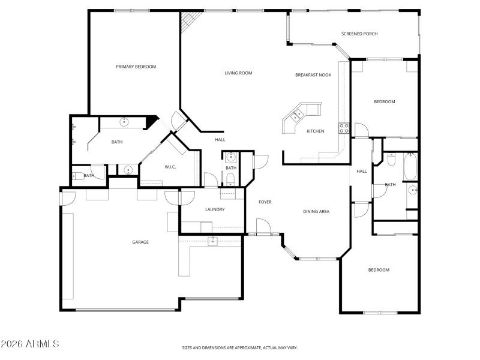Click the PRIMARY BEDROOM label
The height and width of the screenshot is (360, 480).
tap(136, 67)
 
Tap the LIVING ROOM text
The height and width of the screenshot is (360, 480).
tap(238, 73)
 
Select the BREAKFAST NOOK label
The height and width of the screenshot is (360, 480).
tap(313, 75)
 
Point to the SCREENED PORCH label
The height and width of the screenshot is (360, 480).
tap(359, 34)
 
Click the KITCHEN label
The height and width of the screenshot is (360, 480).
tap(316, 131)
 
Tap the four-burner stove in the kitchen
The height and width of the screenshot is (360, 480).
tap(344, 127)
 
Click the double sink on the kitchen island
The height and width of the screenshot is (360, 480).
tap(298, 114)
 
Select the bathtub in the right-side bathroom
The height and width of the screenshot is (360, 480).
tap(411, 167)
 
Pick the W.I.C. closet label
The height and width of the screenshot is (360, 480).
tap(170, 167)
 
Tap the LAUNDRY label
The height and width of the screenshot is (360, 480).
tap(214, 209)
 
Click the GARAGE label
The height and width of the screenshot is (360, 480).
tap(140, 242)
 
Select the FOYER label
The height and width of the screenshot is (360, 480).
tap(265, 202)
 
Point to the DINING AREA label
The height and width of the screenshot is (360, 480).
tap(316, 211)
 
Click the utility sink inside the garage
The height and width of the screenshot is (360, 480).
tap(212, 241)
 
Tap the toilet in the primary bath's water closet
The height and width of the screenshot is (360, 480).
tap(79, 176)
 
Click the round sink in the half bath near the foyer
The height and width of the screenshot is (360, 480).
tap(230, 158)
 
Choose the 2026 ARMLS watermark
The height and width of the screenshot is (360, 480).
tap(30, 344)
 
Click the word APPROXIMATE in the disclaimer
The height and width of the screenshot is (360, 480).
tap(247, 347)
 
